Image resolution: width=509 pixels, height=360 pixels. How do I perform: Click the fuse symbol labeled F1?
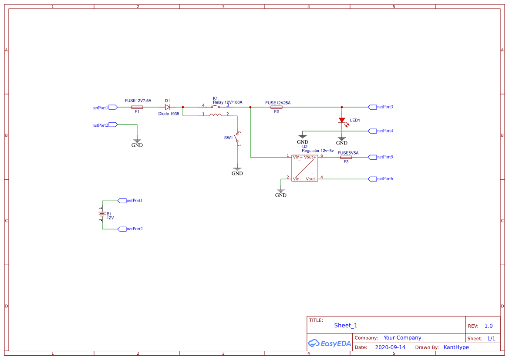(137, 107)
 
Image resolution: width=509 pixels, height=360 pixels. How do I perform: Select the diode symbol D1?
(167, 107)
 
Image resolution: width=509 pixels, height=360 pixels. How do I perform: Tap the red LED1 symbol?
(342, 120)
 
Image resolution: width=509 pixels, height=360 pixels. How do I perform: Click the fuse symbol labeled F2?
(276, 107)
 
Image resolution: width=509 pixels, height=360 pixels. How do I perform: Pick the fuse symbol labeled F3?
(346, 157)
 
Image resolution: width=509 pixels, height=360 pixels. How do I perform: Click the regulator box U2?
(304, 168)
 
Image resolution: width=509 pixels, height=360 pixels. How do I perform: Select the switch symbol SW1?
(237, 138)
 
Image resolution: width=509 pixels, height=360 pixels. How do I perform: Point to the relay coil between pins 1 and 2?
(215, 115)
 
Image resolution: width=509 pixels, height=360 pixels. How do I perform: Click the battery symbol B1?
(102, 214)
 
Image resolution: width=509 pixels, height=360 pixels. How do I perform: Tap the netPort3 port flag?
(372, 107)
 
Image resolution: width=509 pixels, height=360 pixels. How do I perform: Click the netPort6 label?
(385, 179)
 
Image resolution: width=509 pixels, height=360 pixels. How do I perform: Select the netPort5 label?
(385, 157)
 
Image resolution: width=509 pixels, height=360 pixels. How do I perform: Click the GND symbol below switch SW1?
(237, 170)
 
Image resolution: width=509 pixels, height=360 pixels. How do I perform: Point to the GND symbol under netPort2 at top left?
(137, 142)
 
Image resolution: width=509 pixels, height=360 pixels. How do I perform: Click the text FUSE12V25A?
(278, 103)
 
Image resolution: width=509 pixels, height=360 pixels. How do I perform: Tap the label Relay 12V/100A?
(227, 102)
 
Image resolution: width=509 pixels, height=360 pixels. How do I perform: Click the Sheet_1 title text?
(346, 325)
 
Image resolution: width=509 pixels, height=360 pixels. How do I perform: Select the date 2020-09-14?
(390, 347)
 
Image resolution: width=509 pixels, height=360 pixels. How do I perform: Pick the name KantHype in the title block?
(456, 347)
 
